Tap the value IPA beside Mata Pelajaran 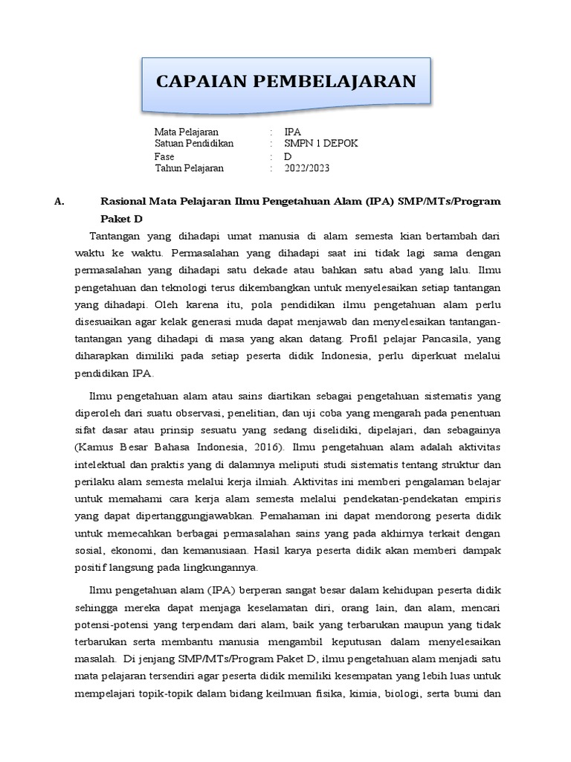(x=293, y=132)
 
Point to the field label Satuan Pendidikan (x=194, y=144)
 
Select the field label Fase (x=164, y=156)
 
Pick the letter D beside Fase (x=288, y=156)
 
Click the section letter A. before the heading (x=60, y=202)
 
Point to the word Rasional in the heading (x=123, y=202)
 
